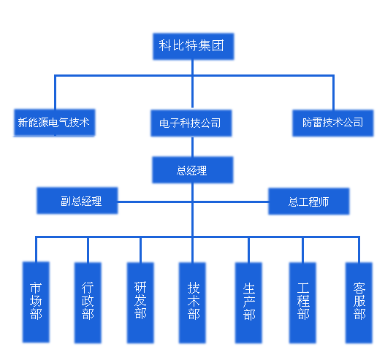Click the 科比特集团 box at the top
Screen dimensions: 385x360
pos(194,47)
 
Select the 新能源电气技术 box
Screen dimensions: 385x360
pos(55,123)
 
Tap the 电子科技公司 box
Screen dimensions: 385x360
pos(191,123)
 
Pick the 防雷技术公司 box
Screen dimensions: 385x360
pos(332,123)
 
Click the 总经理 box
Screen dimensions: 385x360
pos(193,170)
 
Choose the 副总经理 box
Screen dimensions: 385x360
pos(77,201)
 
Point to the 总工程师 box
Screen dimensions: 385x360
pos(308,202)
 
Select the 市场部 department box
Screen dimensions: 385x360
pos(36,302)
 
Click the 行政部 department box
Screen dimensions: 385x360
pos(88,303)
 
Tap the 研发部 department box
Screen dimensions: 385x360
pos(140,303)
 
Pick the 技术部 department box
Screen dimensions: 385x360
pos(192,303)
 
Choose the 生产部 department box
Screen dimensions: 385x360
pos(248,303)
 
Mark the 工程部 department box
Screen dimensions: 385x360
pos(302,303)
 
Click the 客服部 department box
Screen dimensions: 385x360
pos(359,303)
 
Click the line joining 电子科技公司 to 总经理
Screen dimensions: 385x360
pos(193,147)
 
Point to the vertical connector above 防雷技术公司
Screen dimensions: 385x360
pos(333,92)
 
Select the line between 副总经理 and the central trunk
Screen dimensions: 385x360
pos(154,202)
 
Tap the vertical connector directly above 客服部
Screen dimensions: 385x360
pos(359,249)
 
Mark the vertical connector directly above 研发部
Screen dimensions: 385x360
pos(140,250)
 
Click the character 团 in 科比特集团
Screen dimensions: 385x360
pos(218,46)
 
